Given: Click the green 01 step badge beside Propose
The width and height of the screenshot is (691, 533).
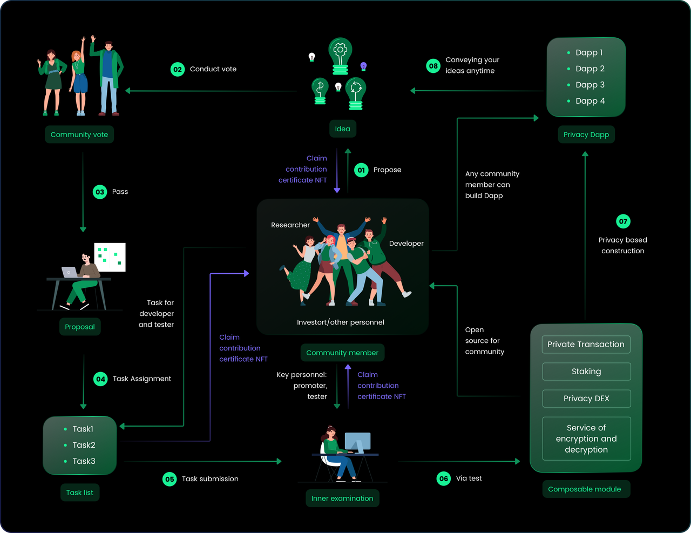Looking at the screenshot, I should (361, 170).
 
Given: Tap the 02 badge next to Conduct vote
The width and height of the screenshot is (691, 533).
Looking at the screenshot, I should (178, 69).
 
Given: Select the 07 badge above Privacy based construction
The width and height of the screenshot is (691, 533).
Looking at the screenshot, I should (623, 221).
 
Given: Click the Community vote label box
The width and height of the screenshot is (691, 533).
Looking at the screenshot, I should (79, 134).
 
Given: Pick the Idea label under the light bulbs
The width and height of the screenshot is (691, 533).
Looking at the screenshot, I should (342, 129).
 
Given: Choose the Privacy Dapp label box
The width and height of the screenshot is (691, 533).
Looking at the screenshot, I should (586, 134).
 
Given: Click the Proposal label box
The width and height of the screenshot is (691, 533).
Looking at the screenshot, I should (80, 327).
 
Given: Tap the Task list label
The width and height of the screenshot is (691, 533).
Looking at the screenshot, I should (80, 492).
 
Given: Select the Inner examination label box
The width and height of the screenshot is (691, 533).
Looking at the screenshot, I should (342, 498).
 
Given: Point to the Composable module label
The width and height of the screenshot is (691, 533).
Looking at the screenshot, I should (585, 489).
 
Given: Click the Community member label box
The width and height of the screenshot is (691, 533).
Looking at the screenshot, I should (342, 353).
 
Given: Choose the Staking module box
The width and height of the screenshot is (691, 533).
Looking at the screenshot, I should (586, 372).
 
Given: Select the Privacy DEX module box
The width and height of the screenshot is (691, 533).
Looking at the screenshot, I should (586, 399).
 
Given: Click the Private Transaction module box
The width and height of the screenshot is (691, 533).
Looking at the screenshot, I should (586, 345).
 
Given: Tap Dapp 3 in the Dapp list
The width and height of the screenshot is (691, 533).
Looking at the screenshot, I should (590, 85).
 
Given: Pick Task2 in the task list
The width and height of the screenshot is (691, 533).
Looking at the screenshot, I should (84, 445).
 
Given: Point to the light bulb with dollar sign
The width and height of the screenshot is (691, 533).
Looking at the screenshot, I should (320, 91).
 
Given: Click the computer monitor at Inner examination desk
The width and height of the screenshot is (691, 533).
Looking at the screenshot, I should (357, 442).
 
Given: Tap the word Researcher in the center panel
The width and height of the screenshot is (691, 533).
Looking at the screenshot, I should (290, 225).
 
